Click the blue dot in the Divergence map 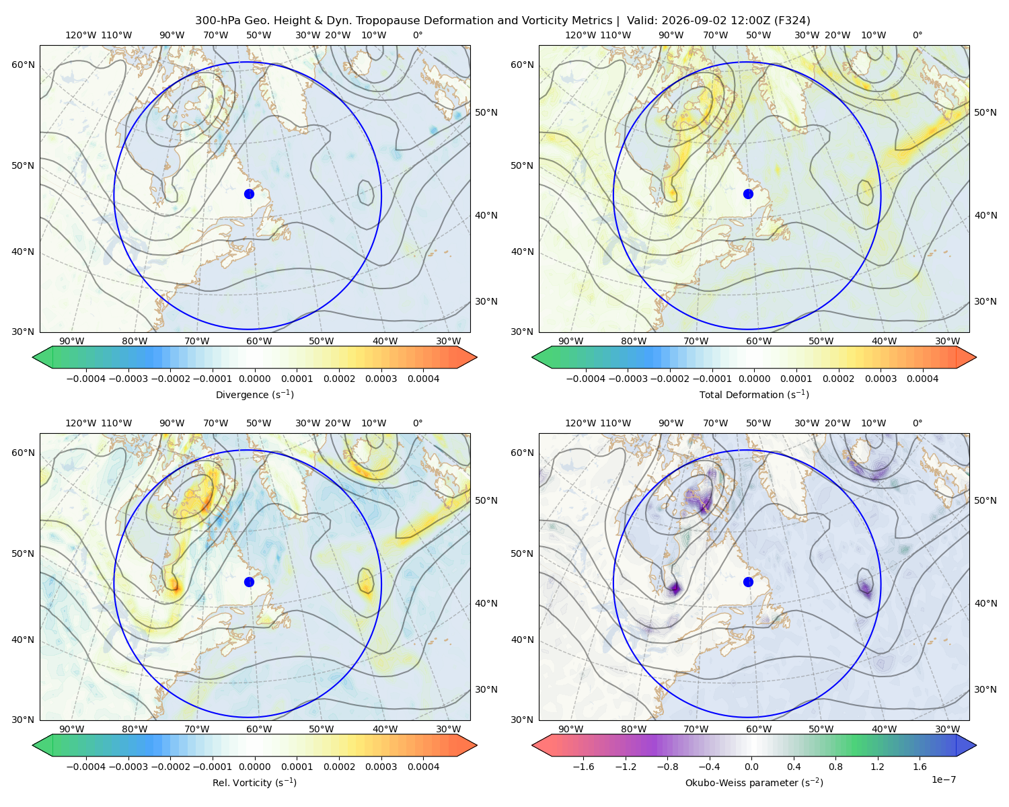pyautogui.click(x=249, y=194)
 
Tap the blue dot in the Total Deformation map pyautogui.click(x=748, y=194)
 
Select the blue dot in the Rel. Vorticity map pyautogui.click(x=249, y=582)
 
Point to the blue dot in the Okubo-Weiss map pyautogui.click(x=748, y=582)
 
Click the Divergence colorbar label pyautogui.click(x=254, y=394)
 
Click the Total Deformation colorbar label pyautogui.click(x=754, y=394)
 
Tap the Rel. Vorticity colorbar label pyautogui.click(x=254, y=782)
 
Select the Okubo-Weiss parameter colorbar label pyautogui.click(x=754, y=782)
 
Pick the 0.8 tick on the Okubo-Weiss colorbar pyautogui.click(x=835, y=766)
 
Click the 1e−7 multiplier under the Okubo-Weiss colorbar pyautogui.click(x=943, y=779)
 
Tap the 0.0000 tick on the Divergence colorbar pyautogui.click(x=254, y=379)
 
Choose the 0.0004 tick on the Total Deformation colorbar pyautogui.click(x=922, y=379)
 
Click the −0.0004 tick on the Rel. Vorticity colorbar pyautogui.click(x=86, y=766)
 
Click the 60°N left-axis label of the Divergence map pyautogui.click(x=23, y=65)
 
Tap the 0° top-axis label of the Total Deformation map pyautogui.click(x=917, y=35)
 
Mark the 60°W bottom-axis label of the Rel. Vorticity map pyautogui.click(x=259, y=729)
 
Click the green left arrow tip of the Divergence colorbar pyautogui.click(x=33, y=357)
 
